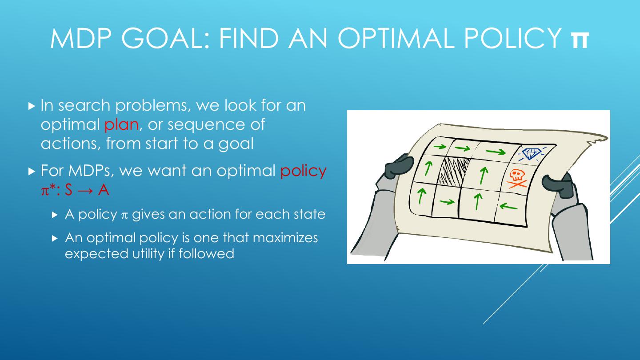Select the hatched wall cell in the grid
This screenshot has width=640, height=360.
(452, 171)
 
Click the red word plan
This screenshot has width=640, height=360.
(121, 124)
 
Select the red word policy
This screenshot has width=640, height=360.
(304, 171)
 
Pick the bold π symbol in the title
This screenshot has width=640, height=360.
(580, 39)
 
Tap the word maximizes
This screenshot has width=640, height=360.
(285, 238)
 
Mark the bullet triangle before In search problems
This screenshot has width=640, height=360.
(31, 106)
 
